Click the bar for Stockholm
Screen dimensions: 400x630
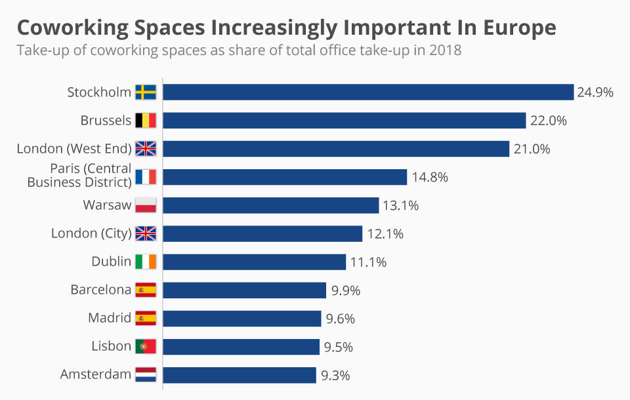pos(368,92)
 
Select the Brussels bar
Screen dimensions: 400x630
pos(345,121)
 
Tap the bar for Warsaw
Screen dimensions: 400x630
pos(270,205)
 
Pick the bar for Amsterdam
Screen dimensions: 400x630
pos(240,375)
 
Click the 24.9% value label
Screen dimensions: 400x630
pos(595,92)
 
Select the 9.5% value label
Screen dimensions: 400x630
pos(337,347)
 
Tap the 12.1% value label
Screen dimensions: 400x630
pos(385,233)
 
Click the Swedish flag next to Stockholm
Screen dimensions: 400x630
pos(146,92)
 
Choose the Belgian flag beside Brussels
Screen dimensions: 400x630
pos(146,121)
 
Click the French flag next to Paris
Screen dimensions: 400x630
pos(146,177)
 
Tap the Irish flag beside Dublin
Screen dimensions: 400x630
pos(146,262)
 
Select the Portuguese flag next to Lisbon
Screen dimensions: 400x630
pos(146,347)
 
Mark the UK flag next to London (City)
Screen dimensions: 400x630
pos(146,233)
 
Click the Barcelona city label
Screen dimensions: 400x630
pos(100,290)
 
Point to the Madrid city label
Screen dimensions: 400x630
pos(110,318)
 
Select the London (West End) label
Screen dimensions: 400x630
pos(73,149)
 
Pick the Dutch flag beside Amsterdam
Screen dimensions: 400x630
pos(146,375)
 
